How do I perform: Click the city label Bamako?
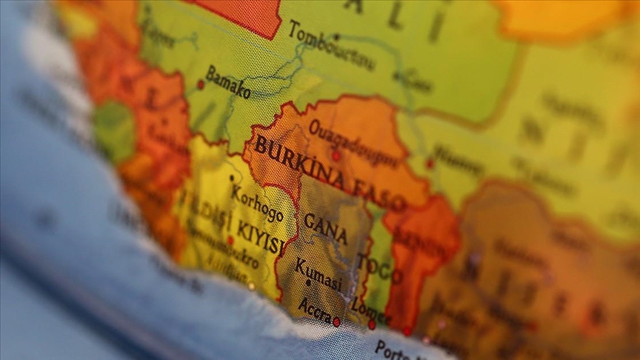228,82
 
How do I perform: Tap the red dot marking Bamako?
200,84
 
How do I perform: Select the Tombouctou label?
331,46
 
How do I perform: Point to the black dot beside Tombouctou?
336,36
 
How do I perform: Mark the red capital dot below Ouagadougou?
336,156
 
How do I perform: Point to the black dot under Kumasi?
308,283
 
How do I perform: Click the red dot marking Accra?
336,322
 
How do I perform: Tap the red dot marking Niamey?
430,164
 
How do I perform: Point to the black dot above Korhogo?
232,178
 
